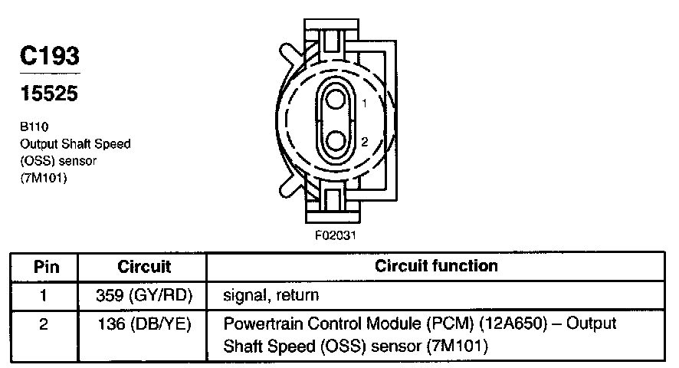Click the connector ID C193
click(49, 56)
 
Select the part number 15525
click(49, 94)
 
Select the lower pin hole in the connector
click(335, 141)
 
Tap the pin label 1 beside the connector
click(365, 103)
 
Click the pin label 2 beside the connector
click(365, 142)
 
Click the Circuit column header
click(144, 267)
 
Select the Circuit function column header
click(436, 266)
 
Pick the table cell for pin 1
click(44, 294)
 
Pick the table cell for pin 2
click(44, 324)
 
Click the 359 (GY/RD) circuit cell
click(144, 294)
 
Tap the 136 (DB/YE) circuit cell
click(144, 324)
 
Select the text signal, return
click(271, 294)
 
